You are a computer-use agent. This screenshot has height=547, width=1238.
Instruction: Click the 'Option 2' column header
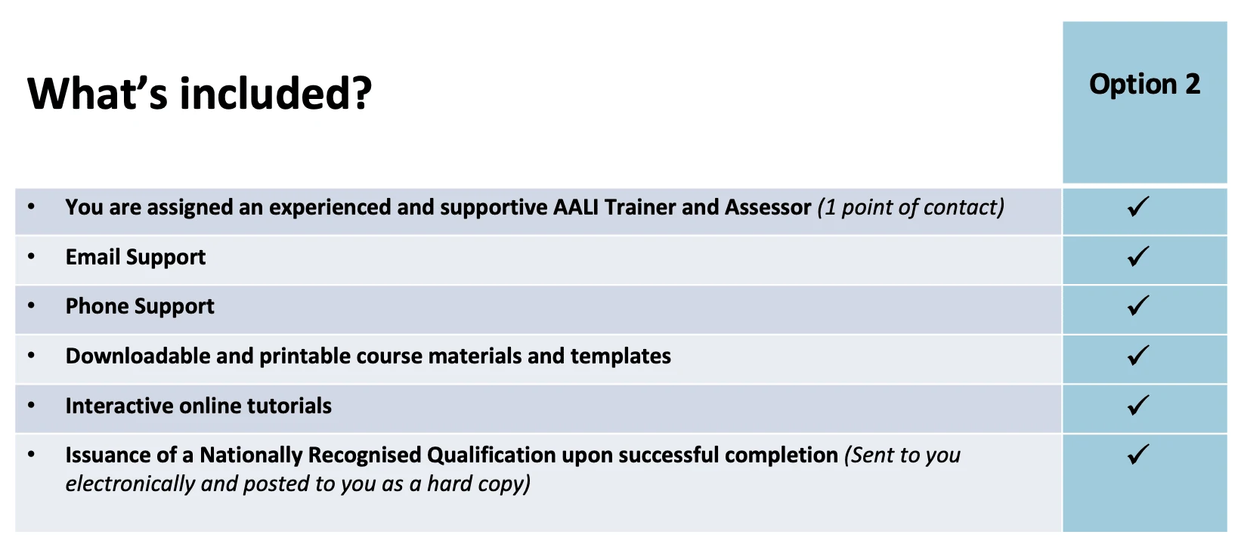tap(1144, 85)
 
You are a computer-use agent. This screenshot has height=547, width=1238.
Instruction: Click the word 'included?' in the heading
tap(276, 93)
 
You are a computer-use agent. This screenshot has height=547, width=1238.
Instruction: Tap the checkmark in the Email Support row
tap(1138, 256)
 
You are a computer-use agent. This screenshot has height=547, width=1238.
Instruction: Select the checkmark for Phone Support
tap(1138, 305)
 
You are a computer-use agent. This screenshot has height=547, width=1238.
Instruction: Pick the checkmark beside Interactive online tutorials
tap(1138, 405)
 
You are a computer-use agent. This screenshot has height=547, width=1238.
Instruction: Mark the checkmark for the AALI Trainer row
tap(1138, 207)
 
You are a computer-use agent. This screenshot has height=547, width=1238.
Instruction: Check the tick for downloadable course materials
tap(1138, 355)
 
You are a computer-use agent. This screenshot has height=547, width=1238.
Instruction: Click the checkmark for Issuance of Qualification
tap(1138, 454)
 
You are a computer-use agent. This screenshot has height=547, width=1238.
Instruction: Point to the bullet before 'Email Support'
tap(31, 256)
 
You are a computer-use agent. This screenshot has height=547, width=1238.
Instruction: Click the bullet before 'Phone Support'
tap(31, 305)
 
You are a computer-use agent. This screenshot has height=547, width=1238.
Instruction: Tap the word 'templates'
tap(621, 357)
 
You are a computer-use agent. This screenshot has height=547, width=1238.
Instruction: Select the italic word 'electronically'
tap(130, 484)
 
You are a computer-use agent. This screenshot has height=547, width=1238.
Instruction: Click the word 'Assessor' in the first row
tap(768, 207)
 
